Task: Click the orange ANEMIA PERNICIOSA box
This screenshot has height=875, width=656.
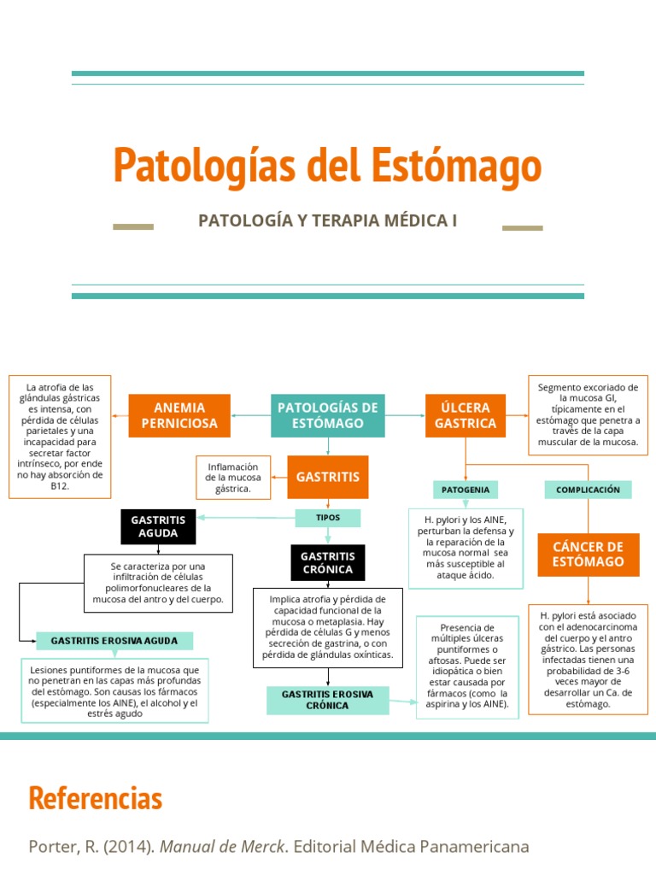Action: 179,415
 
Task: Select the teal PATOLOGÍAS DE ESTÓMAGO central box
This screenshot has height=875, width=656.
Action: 327,415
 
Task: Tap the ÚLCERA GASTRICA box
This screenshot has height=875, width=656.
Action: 465,415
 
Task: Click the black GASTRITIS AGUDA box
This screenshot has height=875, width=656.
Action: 158,526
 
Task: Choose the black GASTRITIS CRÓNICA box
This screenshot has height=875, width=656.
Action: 327,562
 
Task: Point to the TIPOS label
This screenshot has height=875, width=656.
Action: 328,518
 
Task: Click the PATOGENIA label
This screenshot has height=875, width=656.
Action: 466,490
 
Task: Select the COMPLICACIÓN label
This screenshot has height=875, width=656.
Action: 588,490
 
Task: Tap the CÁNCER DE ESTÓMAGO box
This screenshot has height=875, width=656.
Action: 588,554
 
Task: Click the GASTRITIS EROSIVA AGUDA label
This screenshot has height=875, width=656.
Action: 114,640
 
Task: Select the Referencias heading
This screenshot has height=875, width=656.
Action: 95,798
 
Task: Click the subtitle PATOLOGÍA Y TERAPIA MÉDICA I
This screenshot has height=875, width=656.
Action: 328,220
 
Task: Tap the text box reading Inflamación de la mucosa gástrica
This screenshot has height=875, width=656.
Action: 233,477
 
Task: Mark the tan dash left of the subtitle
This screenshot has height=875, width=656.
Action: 133,227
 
